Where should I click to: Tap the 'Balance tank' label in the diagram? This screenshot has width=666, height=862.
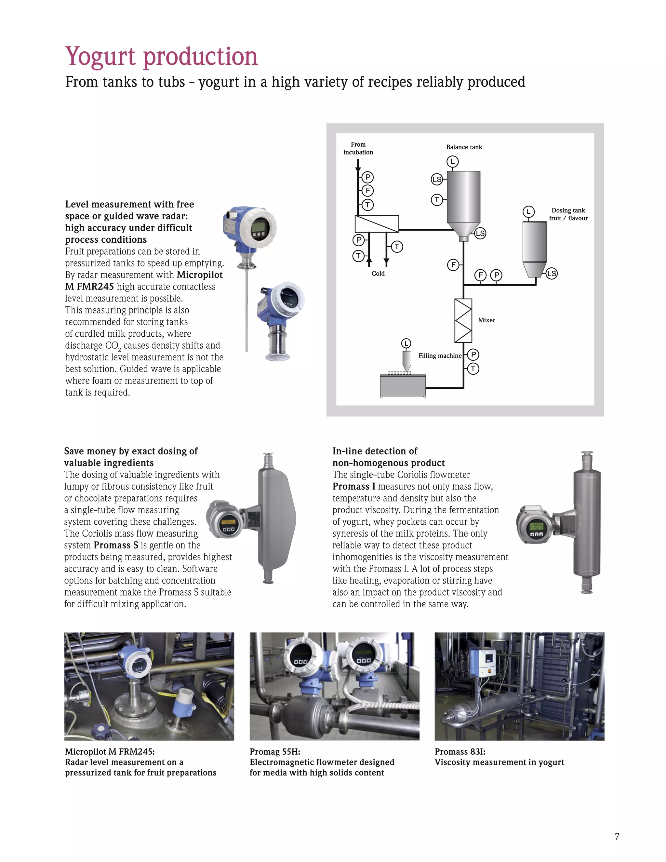pyautogui.click(x=464, y=147)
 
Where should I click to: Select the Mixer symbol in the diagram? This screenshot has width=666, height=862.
pyautogui.click(x=463, y=320)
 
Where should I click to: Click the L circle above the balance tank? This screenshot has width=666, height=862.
pyautogui.click(x=453, y=161)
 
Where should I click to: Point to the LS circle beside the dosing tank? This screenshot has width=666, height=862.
pyautogui.click(x=551, y=274)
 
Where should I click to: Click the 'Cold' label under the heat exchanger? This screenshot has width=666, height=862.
pyautogui.click(x=378, y=274)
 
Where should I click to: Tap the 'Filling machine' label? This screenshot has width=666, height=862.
pyautogui.click(x=440, y=356)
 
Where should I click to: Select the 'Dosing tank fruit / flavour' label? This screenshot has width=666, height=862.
pyautogui.click(x=568, y=214)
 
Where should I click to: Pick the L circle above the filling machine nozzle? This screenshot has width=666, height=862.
pyautogui.click(x=406, y=343)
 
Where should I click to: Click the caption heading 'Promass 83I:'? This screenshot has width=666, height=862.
pyautogui.click(x=460, y=751)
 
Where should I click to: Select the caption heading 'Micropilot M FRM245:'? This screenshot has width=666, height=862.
pyautogui.click(x=110, y=751)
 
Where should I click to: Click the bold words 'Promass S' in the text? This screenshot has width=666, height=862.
pyautogui.click(x=116, y=545)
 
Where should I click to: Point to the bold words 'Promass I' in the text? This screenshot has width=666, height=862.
pyautogui.click(x=353, y=487)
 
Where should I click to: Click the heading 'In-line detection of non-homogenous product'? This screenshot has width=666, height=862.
pyautogui.click(x=388, y=457)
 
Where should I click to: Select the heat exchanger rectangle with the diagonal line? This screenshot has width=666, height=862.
pyautogui.click(x=377, y=224)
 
